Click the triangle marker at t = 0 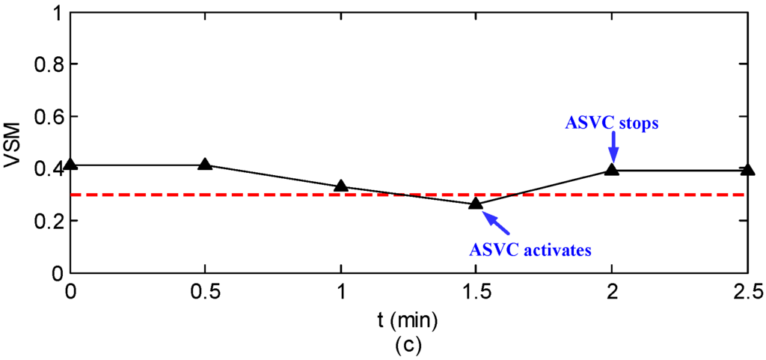[x=71, y=165]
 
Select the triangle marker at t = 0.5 [x=206, y=164]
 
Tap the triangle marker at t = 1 [x=341, y=186]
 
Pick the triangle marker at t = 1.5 [x=476, y=204]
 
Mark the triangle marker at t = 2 [x=612, y=170]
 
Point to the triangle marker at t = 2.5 [x=747, y=170]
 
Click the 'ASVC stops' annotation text [x=612, y=122]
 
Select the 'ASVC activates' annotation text [x=530, y=249]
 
